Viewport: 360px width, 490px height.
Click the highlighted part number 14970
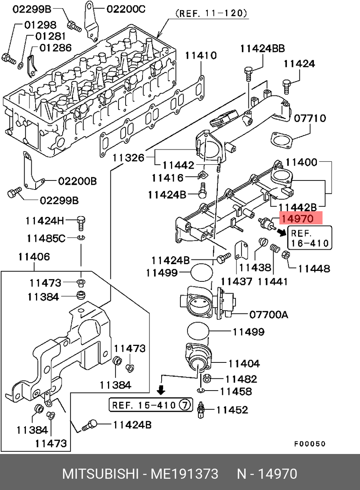tap(297, 219)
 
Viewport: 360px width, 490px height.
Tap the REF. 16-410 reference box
tap(310, 238)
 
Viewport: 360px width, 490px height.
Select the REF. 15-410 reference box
tap(151, 405)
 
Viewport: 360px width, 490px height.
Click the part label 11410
tap(201, 55)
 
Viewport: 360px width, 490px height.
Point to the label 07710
tap(310, 118)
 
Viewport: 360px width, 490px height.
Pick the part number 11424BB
tap(262, 49)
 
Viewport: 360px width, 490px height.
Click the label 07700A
tap(269, 315)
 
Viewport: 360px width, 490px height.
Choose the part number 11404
tap(244, 364)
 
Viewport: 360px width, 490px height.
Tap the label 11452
tap(232, 410)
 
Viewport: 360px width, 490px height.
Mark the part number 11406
tap(34, 257)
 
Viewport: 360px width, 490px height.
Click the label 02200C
tap(126, 9)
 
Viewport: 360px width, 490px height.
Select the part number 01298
tap(40, 25)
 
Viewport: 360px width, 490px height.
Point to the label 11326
tap(128, 158)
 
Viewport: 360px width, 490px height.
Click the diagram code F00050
tap(310, 444)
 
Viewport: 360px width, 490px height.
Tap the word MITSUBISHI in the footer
tap(100, 474)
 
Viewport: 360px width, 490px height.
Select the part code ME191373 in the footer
tap(184, 474)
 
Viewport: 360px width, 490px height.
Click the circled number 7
tap(185, 405)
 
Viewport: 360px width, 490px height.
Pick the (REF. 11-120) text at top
tap(211, 13)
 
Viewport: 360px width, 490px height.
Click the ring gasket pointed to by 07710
tap(281, 140)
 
